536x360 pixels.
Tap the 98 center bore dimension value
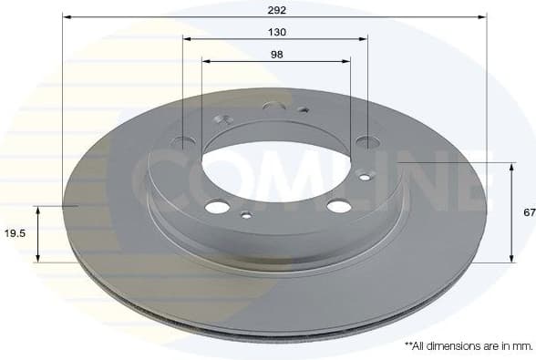[277, 55]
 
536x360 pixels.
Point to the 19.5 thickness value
[15, 233]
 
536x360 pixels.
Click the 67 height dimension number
[528, 211]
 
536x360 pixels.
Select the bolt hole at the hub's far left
[183, 141]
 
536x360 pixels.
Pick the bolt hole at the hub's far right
[367, 141]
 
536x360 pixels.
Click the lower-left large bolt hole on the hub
[217, 207]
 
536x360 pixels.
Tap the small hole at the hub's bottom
[245, 216]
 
